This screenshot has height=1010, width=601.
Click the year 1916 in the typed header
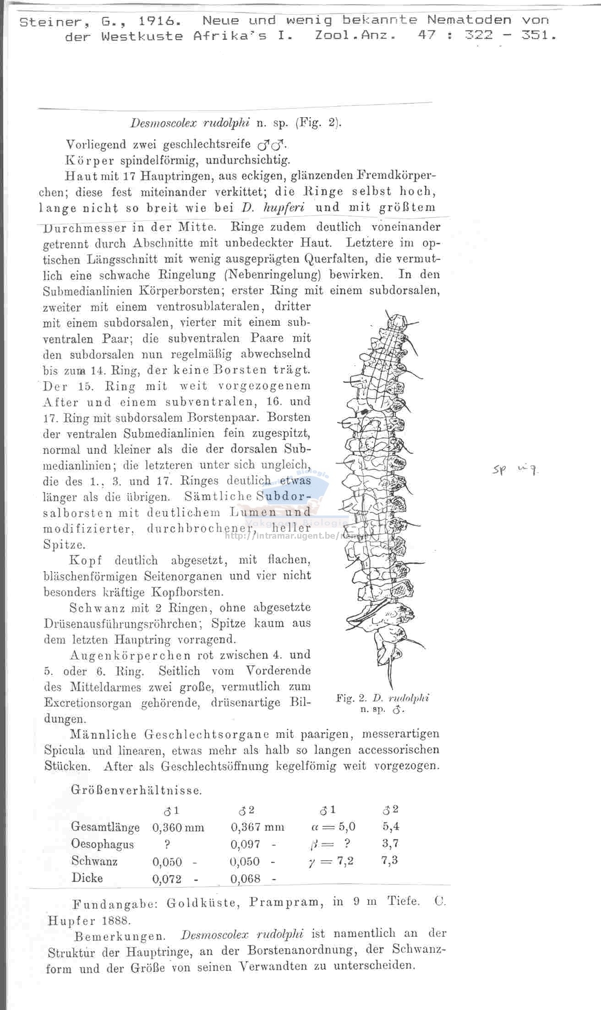[x=152, y=21]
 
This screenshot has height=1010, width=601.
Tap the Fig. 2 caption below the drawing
[x=382, y=703]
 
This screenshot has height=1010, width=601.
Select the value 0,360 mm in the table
[x=178, y=827]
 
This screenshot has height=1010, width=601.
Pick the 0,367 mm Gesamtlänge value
[x=257, y=827]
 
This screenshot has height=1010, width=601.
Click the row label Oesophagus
[x=103, y=844]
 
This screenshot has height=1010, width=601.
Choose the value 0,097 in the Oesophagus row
[x=245, y=844]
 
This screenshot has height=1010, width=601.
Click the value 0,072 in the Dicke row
[x=167, y=879]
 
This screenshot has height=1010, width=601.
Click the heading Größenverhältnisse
[x=136, y=790]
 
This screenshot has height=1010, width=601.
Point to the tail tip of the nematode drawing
[x=393, y=686]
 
